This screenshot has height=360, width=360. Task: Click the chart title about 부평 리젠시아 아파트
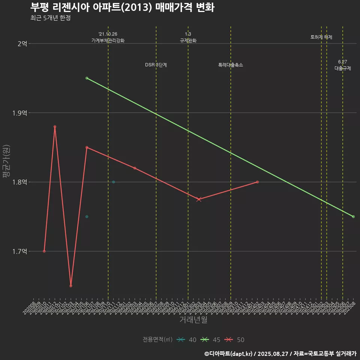[x=122, y=7]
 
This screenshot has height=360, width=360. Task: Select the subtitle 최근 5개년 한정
[x=51, y=18]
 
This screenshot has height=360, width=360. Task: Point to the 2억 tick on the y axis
[x=22, y=43]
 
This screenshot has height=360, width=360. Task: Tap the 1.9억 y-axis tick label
[x=20, y=113]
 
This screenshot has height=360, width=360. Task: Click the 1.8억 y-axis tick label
[x=20, y=182]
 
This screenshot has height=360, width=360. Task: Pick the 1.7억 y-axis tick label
[x=20, y=251]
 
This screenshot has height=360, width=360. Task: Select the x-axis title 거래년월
[x=193, y=320]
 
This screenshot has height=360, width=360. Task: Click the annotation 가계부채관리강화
[x=108, y=40]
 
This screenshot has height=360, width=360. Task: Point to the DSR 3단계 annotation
[x=156, y=65]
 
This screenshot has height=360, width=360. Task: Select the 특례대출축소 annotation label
[x=231, y=65]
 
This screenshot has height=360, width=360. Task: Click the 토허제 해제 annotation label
[x=321, y=37]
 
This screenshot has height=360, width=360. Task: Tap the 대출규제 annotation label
[x=343, y=68]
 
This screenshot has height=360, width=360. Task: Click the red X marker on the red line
[x=199, y=199]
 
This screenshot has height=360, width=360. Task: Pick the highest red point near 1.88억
[x=55, y=127]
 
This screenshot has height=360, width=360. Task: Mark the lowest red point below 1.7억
[x=71, y=286]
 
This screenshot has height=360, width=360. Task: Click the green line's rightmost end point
[x=353, y=217]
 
